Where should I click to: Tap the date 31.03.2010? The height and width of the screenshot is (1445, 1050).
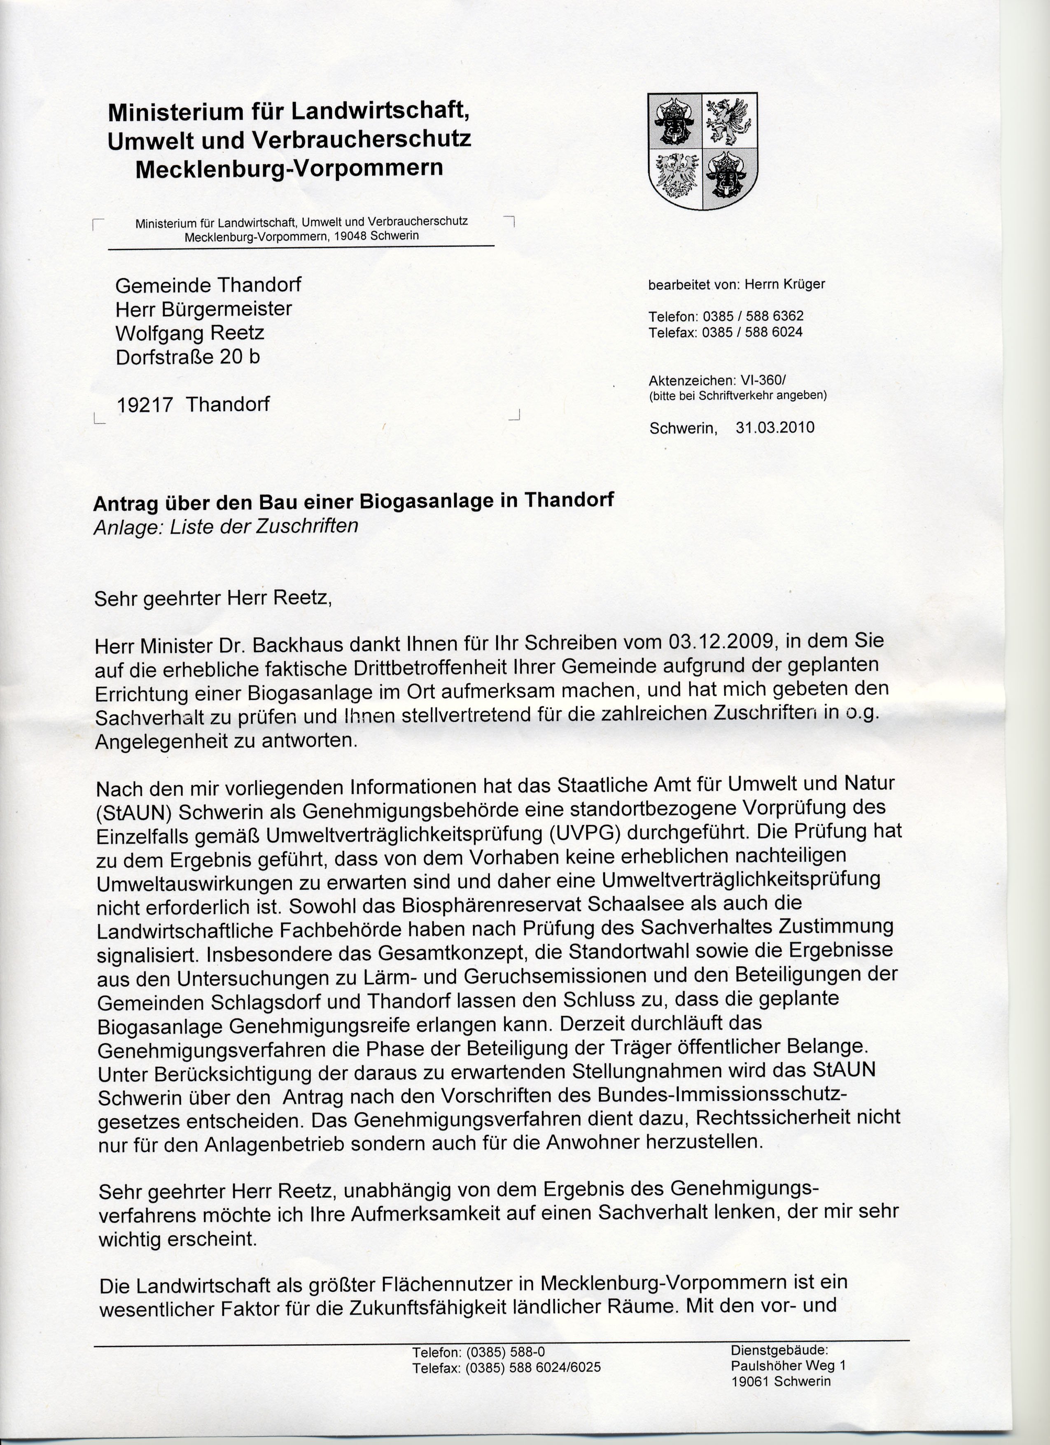[775, 427]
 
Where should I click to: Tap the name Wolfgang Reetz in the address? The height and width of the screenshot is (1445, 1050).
[189, 333]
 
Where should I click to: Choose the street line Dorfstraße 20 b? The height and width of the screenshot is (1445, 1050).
[187, 357]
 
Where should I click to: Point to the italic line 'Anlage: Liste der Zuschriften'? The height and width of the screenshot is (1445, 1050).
[226, 526]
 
